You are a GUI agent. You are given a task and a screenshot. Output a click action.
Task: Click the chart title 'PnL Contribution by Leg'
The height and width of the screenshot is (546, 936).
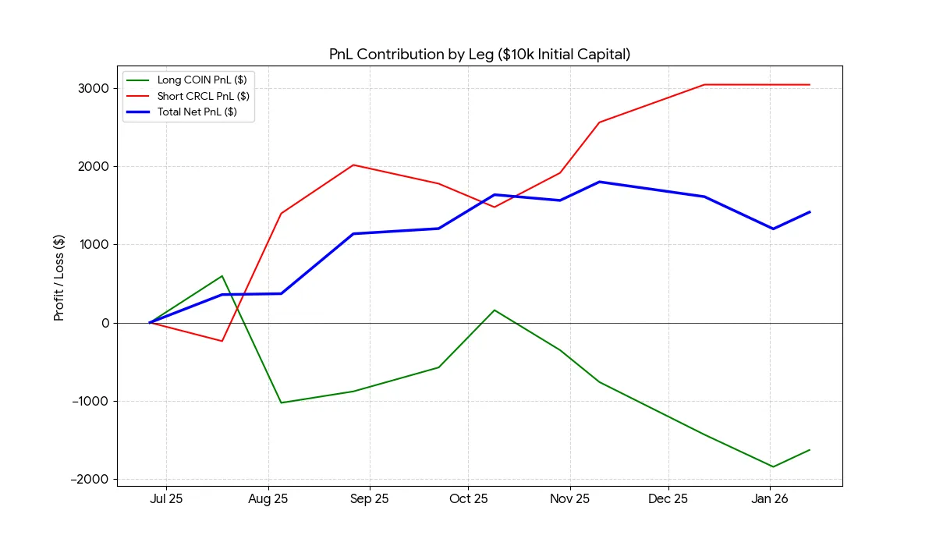[x=480, y=55]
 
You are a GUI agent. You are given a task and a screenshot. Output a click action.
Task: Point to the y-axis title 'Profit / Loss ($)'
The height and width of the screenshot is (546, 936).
[x=59, y=279]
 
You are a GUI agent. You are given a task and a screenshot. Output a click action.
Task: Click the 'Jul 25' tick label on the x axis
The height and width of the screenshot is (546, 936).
[x=166, y=499]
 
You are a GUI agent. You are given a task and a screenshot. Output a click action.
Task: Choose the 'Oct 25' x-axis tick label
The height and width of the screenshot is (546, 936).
[x=469, y=499]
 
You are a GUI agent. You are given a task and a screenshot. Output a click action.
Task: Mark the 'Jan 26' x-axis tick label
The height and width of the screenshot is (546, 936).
[x=769, y=499]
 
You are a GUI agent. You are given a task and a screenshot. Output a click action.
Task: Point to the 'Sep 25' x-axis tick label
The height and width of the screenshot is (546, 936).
[x=370, y=499]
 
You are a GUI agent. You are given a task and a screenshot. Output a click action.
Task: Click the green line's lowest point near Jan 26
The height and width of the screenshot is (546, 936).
[x=773, y=466]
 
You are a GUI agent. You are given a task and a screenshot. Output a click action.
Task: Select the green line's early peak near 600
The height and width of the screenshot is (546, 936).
[x=222, y=276]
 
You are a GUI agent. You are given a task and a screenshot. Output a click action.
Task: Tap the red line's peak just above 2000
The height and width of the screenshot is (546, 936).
[x=353, y=165]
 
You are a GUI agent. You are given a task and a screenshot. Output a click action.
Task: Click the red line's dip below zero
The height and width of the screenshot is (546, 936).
[x=222, y=341]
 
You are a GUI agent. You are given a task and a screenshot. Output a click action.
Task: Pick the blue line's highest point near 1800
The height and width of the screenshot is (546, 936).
[x=599, y=182]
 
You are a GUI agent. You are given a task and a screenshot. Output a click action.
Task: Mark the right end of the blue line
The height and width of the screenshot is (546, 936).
[x=810, y=211]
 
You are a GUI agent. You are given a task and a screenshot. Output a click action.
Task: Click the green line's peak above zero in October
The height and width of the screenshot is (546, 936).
[x=495, y=310]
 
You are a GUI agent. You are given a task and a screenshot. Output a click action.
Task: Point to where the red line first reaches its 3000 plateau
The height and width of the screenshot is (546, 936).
[x=704, y=84]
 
